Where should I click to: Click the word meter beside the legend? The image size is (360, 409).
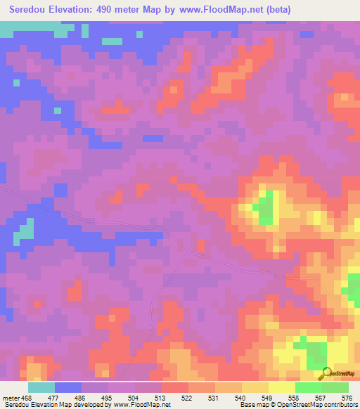click(10, 397)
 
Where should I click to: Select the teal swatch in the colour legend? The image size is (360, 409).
click(41, 387)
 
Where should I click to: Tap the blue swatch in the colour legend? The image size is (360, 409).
click(67, 387)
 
